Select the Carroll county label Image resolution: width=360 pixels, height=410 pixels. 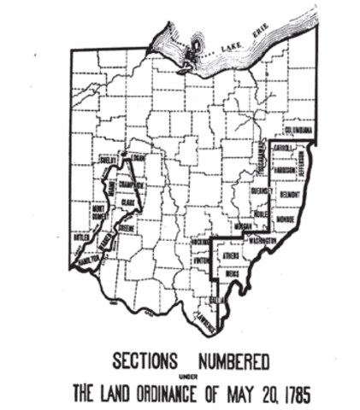pos(284,148)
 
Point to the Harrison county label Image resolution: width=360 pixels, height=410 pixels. pos(290,168)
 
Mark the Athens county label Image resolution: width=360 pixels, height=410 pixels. pos(232,255)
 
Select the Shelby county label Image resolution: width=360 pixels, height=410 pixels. pos(108,159)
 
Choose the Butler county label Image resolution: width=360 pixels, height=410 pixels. pos(82,237)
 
